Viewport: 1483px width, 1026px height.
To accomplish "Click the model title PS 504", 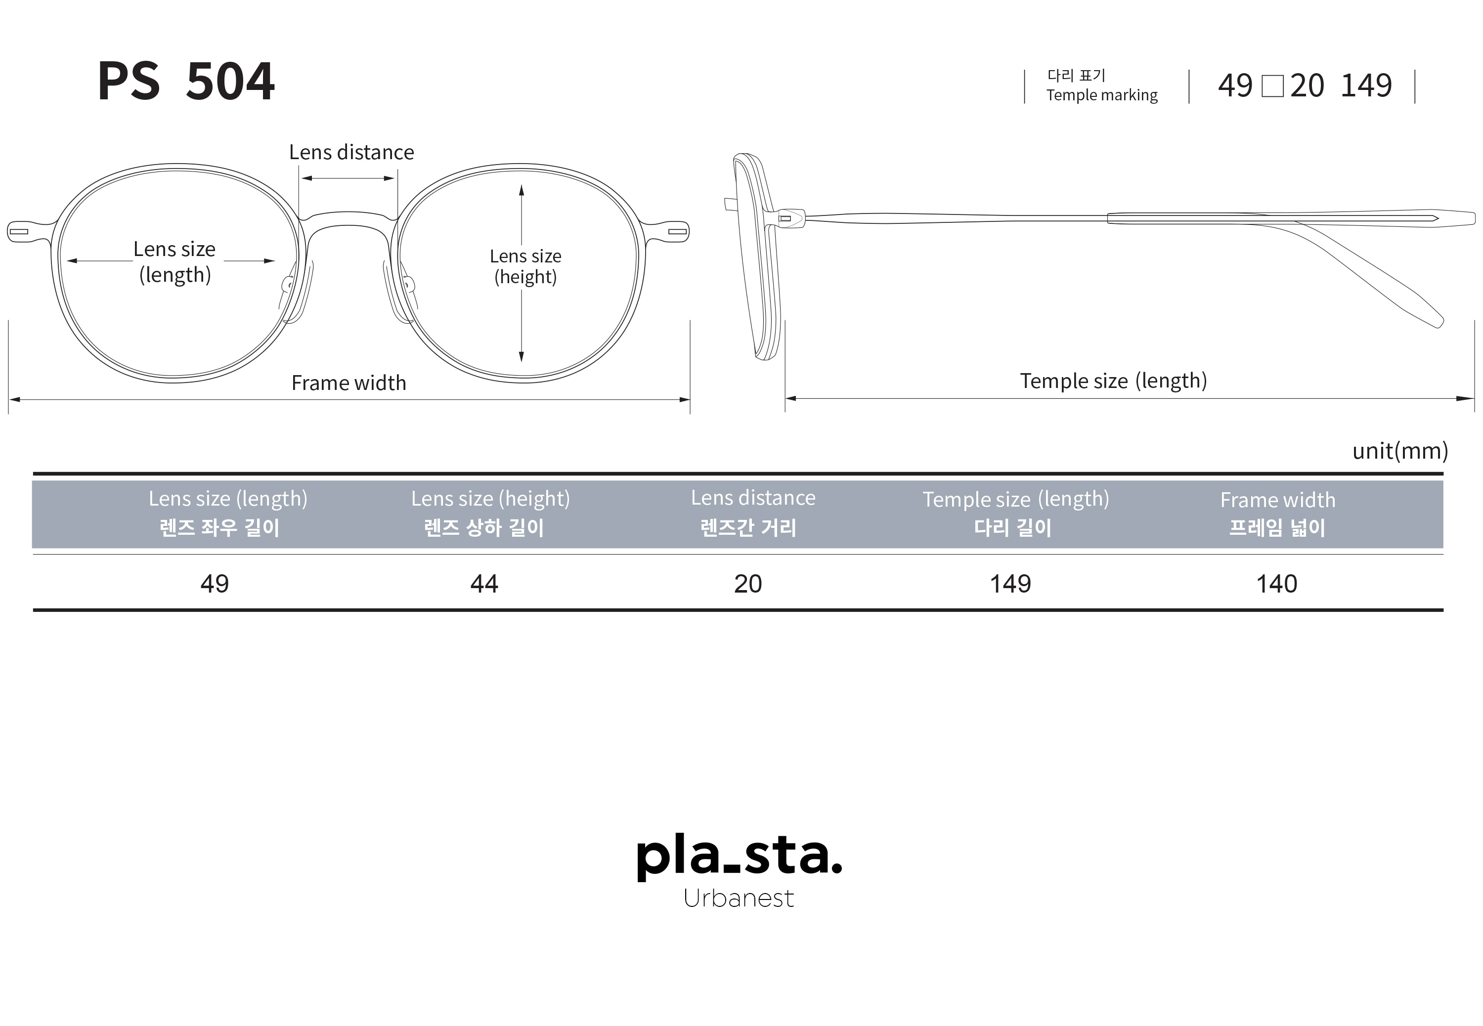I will [186, 81].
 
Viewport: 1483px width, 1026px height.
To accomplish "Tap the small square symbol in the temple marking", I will [1272, 86].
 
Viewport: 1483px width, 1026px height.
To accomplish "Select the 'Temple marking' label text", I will [1101, 95].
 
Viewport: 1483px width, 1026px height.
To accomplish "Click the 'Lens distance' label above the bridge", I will [351, 152].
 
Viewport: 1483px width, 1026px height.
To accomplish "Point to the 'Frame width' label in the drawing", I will [349, 383].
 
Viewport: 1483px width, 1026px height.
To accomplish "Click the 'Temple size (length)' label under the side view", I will [1113, 381].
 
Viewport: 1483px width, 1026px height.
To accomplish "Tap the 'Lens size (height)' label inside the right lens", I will [525, 266].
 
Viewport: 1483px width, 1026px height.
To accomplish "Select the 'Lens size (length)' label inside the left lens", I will [174, 261].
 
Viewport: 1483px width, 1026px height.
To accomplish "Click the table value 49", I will [214, 584].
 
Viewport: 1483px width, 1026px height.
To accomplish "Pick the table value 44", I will [484, 584].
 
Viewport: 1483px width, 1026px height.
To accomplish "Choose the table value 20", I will [747, 584].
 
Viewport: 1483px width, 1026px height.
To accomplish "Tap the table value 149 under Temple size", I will [1010, 584].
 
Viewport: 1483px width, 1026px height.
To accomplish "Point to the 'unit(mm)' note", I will [1399, 451].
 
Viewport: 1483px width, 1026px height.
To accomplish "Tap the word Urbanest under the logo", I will [739, 898].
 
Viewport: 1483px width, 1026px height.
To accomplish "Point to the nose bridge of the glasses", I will [348, 218].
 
